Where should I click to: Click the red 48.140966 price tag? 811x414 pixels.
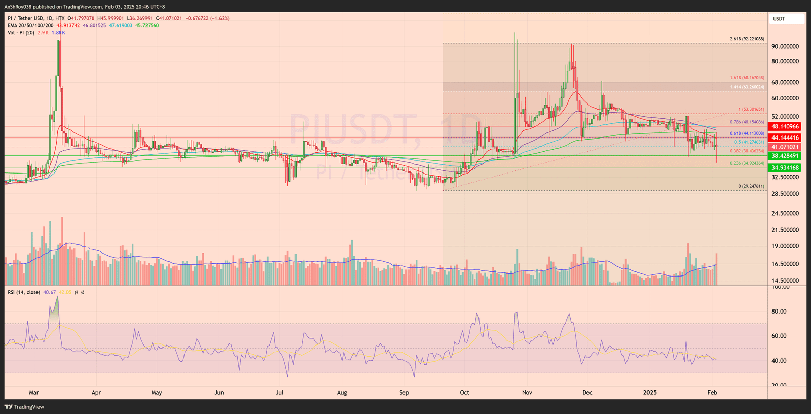click(785, 127)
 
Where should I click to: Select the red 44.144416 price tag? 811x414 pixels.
click(785, 138)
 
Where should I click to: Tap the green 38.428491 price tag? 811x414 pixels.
click(785, 156)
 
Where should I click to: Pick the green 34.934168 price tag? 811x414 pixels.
click(785, 168)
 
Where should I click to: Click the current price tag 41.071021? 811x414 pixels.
click(785, 147)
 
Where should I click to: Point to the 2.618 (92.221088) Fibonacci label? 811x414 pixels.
click(747, 39)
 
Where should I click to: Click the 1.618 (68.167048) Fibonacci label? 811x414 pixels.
click(747, 78)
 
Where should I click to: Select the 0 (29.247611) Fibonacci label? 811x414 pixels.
click(751, 186)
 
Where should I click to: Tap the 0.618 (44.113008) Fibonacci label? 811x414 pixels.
click(747, 133)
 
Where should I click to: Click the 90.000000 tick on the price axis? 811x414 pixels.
click(785, 47)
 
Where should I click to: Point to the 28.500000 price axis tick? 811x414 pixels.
click(785, 194)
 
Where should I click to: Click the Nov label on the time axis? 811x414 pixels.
click(527, 393)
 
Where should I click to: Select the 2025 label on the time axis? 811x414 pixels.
click(649, 393)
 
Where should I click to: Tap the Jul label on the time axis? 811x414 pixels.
click(279, 393)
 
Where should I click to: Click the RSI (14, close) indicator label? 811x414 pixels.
click(24, 292)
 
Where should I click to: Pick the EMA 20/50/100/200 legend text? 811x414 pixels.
click(30, 25)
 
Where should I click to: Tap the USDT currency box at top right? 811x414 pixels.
click(786, 19)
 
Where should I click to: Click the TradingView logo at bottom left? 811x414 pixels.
click(24, 407)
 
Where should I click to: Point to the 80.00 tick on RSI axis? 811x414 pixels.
click(779, 312)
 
